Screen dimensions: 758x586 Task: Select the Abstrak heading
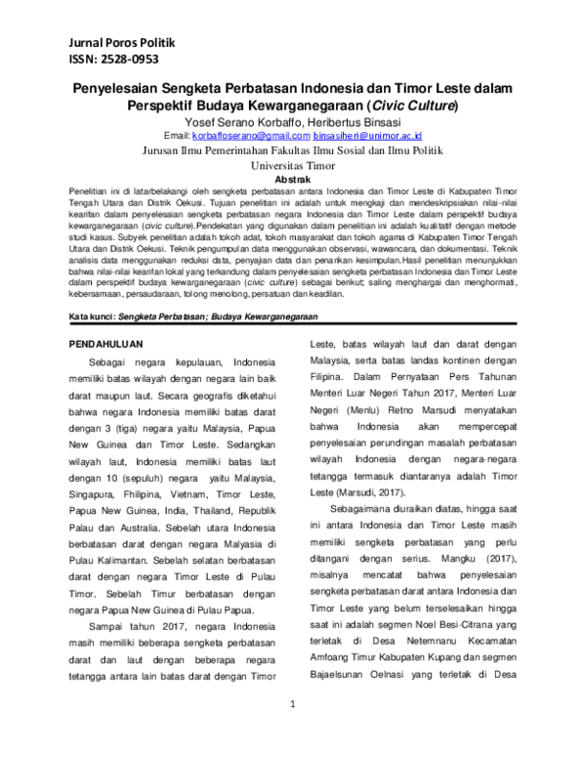[x=294, y=180]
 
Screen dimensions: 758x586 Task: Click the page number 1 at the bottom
[x=294, y=731]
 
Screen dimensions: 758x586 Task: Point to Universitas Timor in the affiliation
[x=294, y=166]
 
